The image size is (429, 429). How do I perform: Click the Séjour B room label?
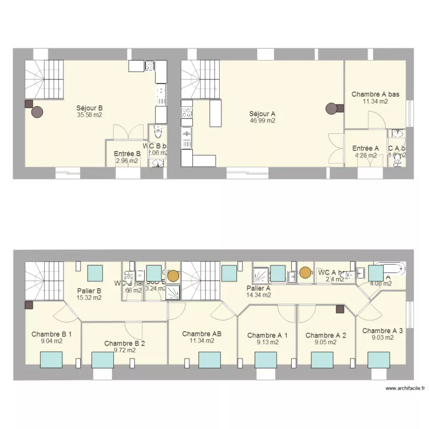click(90, 108)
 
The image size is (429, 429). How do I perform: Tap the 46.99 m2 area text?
click(263, 121)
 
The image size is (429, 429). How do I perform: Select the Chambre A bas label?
click(375, 94)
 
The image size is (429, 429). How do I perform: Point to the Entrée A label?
click(366, 148)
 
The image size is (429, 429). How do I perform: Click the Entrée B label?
click(127, 153)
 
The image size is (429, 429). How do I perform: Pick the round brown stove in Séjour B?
click(37, 112)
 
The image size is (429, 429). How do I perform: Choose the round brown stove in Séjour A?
click(331, 108)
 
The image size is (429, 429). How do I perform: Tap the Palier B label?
click(89, 291)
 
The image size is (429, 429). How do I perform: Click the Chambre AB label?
click(202, 333)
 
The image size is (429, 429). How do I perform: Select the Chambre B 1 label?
click(51, 334)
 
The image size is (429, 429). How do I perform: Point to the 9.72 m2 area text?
click(124, 351)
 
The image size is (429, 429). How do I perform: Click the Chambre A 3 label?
click(383, 331)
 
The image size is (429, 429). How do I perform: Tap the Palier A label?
click(258, 288)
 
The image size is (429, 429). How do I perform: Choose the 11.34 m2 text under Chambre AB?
click(202, 341)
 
